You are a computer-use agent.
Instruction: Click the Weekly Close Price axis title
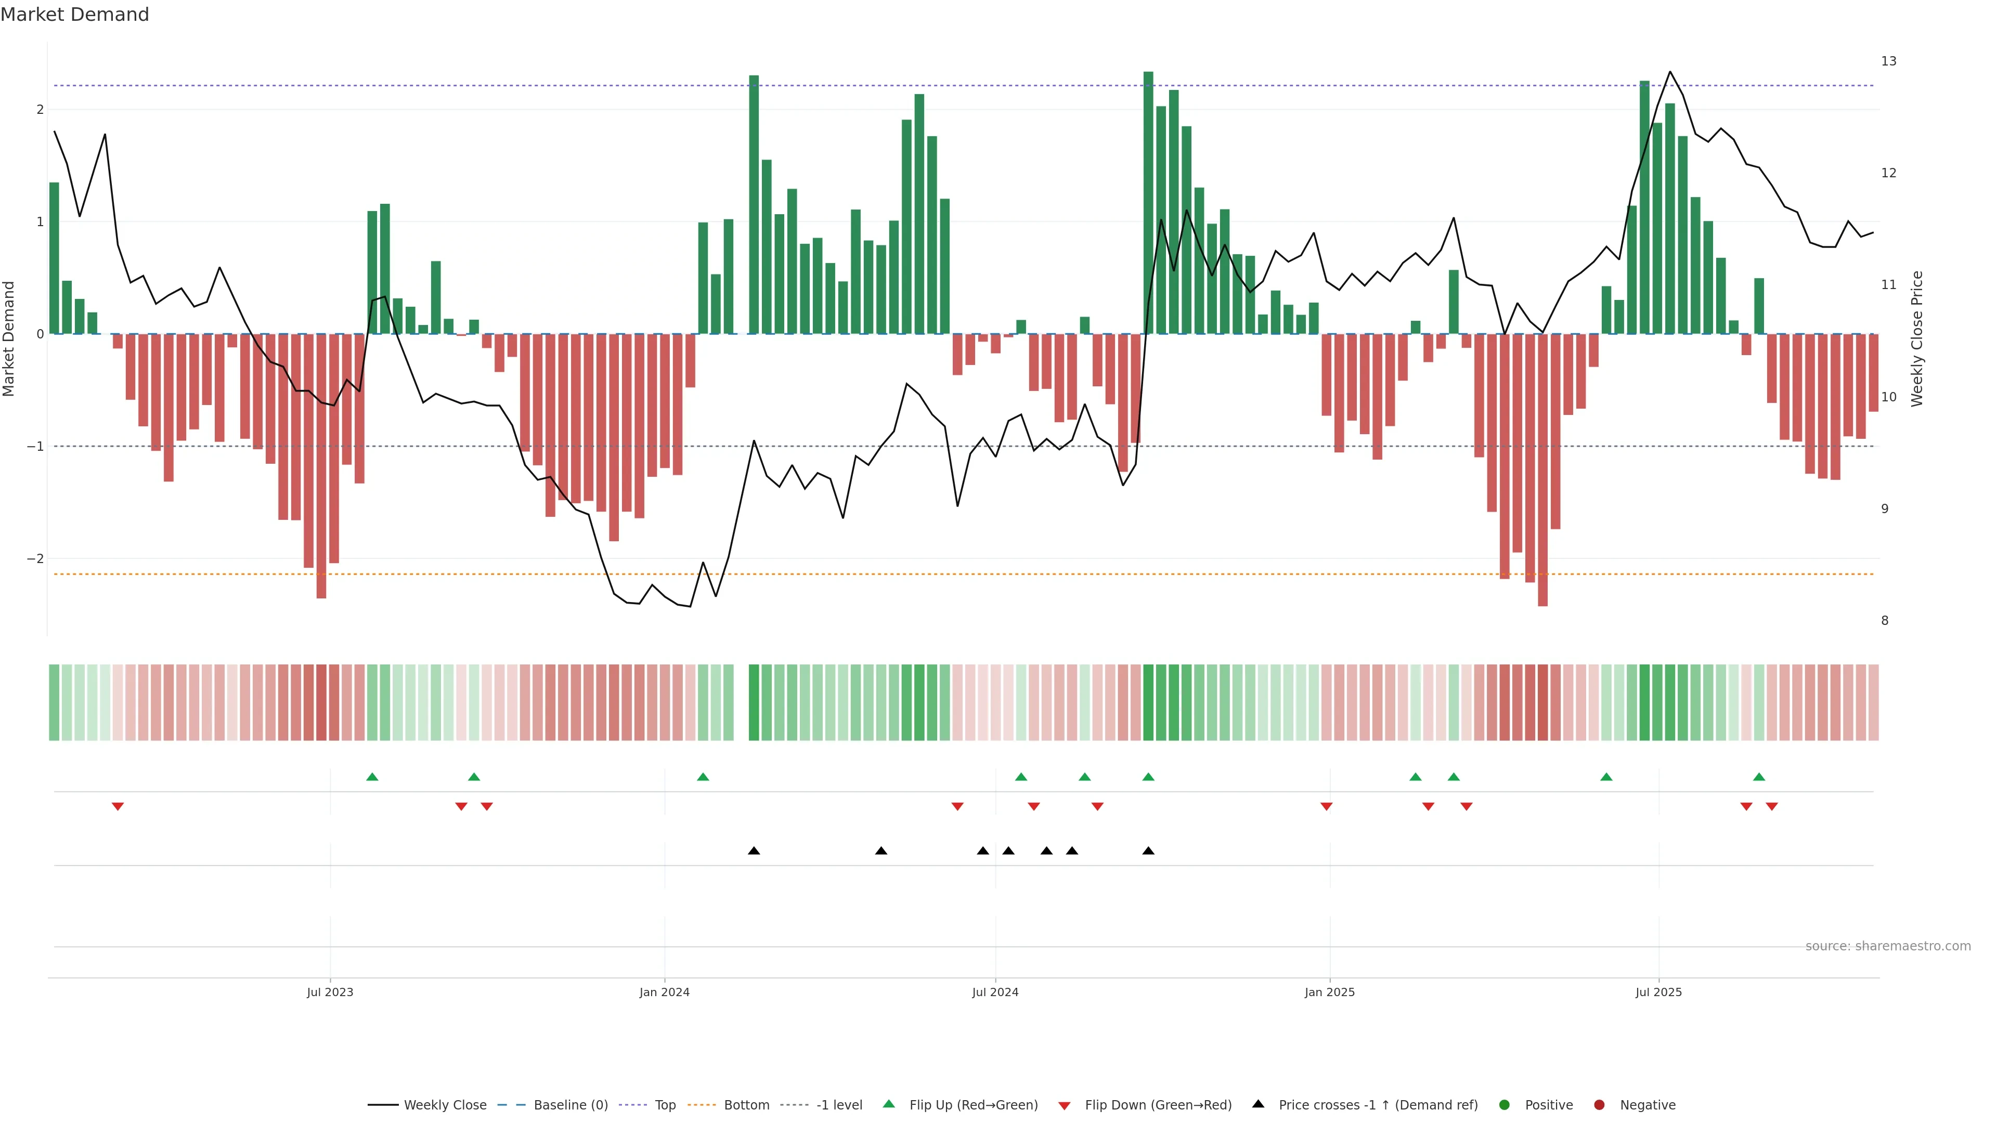(1917, 338)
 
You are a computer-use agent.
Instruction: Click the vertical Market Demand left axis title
(9, 338)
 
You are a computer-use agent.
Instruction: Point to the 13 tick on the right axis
(1888, 61)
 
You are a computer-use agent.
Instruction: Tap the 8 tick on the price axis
(1885, 621)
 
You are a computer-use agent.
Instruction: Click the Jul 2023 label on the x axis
(330, 992)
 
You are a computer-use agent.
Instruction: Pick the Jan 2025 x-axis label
(1330, 992)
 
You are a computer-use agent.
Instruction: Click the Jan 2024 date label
(665, 992)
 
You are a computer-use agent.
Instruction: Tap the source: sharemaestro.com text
(1888, 946)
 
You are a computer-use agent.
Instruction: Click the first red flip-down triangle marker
(118, 807)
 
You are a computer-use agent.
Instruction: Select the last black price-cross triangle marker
(1148, 851)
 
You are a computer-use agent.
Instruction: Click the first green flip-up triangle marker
(372, 777)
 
